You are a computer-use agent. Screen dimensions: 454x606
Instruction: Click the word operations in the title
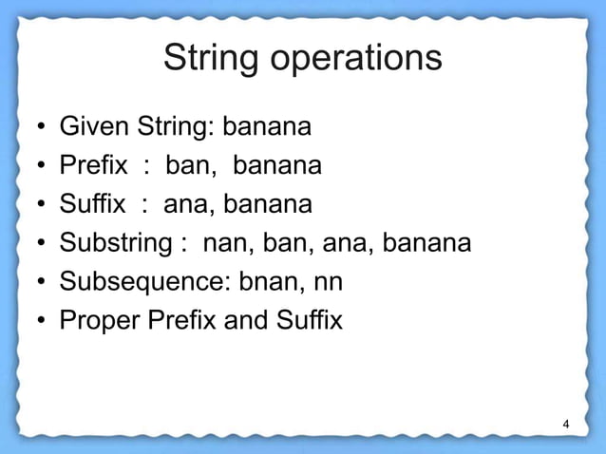[x=358, y=59]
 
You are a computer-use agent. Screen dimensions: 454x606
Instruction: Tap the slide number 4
[x=566, y=424]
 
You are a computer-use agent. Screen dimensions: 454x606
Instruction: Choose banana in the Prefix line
[x=278, y=166]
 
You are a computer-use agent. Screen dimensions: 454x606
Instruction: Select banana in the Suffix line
[x=270, y=205]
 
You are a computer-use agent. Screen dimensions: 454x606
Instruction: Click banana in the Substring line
[x=429, y=244]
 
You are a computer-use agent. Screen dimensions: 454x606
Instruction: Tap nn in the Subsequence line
[x=331, y=283]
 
